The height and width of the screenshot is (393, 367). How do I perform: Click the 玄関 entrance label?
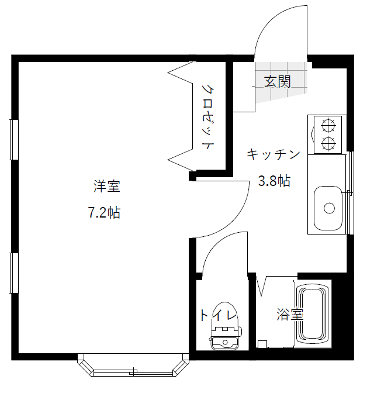pos(278,81)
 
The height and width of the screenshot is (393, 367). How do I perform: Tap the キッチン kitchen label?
pos(273,154)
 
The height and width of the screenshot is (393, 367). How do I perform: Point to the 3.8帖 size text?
pos(274,181)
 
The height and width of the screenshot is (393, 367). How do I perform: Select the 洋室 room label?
pos(107,186)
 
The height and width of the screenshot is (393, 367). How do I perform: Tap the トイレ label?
pos(219,315)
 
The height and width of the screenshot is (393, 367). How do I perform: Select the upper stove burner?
pos(328,126)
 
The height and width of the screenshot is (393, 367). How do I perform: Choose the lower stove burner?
pos(328,143)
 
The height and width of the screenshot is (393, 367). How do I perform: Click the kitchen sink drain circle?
pos(329,208)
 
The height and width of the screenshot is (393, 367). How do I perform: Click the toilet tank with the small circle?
pos(225,343)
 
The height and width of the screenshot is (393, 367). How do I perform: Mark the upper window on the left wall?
pos(14,140)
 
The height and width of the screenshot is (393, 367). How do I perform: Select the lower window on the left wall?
pos(14,273)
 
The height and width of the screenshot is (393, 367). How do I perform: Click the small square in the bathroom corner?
pos(262,344)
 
